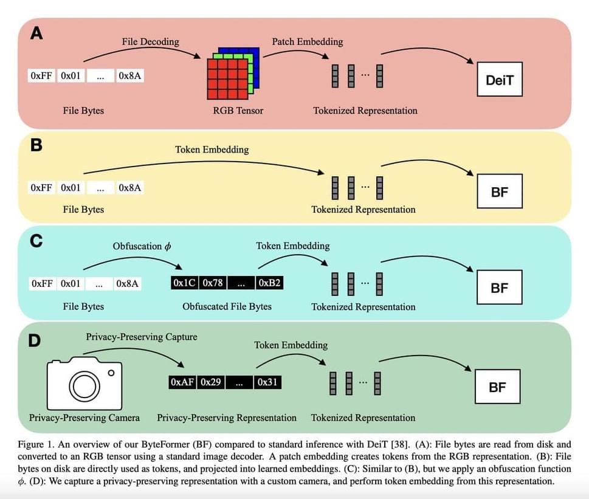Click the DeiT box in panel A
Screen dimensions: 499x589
click(499, 79)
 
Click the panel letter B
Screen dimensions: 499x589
click(36, 146)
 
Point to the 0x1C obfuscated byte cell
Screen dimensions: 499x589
click(184, 283)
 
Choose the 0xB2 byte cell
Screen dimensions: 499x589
click(269, 283)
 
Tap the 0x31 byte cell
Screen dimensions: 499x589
click(267, 382)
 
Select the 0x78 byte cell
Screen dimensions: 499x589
click(213, 283)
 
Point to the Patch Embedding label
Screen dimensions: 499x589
click(307, 41)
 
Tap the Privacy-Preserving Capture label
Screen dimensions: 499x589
click(141, 336)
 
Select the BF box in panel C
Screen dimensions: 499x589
click(498, 287)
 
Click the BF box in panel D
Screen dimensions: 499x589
click(497, 387)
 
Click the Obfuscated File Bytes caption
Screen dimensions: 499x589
click(227, 306)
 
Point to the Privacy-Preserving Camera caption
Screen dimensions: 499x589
click(84, 418)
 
